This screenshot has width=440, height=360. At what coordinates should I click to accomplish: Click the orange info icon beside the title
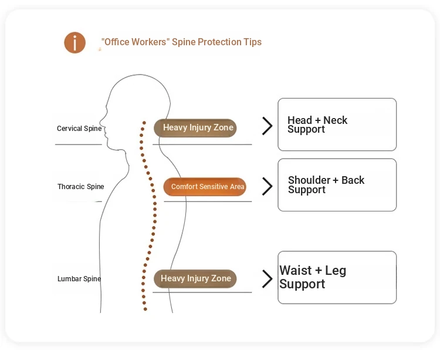tap(75, 43)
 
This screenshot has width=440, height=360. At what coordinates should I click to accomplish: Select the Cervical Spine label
tap(79, 129)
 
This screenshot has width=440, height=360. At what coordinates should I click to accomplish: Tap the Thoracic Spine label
tap(81, 187)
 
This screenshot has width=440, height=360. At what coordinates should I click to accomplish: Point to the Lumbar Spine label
tap(79, 279)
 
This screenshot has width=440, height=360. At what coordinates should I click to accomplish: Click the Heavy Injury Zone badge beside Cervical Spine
tap(195, 128)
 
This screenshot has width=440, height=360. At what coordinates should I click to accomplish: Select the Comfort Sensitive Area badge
tap(205, 187)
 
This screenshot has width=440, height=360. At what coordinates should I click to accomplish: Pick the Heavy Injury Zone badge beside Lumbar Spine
tap(195, 279)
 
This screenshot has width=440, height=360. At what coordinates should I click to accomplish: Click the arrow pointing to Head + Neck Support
tap(268, 126)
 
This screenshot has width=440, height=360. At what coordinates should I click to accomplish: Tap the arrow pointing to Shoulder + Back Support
tap(268, 186)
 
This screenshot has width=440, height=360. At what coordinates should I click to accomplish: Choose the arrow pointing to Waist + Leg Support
tap(268, 278)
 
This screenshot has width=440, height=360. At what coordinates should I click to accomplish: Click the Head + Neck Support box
tap(337, 125)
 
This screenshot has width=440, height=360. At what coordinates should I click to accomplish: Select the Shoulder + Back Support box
tap(337, 185)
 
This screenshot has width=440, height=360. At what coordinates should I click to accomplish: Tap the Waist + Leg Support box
tap(337, 277)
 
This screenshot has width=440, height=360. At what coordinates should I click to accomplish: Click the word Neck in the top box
tap(336, 120)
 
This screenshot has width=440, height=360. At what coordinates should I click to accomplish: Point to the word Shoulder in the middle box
tap(310, 180)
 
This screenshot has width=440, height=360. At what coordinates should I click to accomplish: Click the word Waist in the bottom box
tap(296, 271)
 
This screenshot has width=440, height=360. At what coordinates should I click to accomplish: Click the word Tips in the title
tap(253, 42)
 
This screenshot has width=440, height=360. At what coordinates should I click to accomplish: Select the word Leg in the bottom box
tap(336, 271)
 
